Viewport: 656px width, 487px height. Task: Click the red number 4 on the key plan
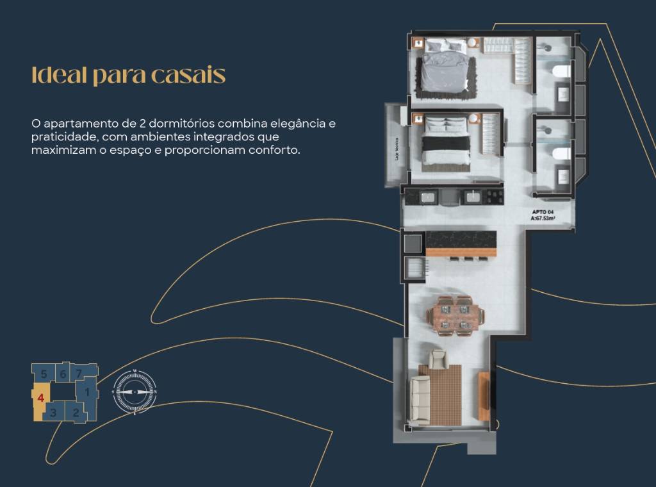click(40, 397)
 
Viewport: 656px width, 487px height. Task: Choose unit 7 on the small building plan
click(79, 373)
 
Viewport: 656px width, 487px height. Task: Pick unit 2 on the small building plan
click(76, 412)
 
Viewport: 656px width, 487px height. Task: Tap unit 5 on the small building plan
click(44, 373)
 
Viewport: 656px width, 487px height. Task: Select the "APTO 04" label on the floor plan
click(542, 212)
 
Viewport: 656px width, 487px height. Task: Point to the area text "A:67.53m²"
click(542, 219)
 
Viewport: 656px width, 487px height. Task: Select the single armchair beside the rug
click(438, 359)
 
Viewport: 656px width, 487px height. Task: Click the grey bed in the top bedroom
click(446, 68)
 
